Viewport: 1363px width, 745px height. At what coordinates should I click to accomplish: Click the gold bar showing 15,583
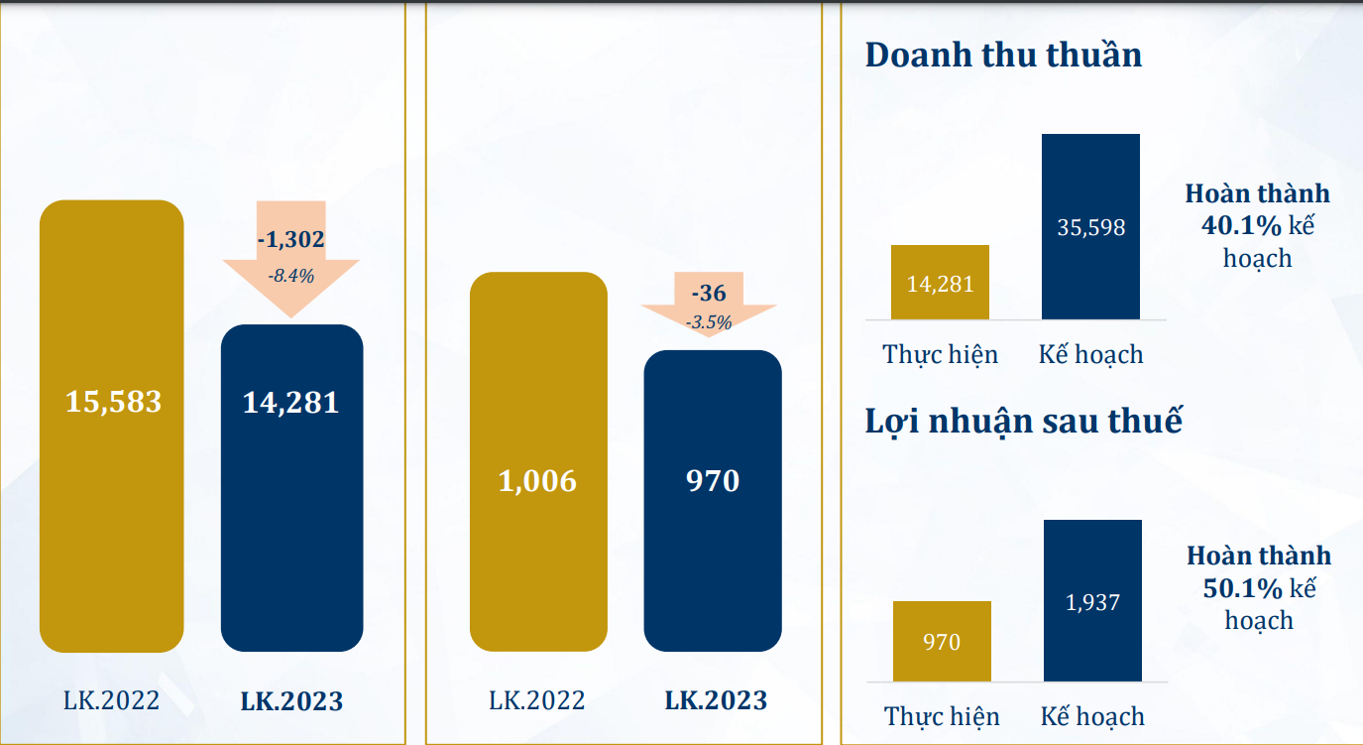click(x=112, y=427)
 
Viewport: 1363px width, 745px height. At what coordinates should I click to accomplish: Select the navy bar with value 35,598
click(x=1090, y=226)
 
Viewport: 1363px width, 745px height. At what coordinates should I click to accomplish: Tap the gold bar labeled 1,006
click(x=538, y=461)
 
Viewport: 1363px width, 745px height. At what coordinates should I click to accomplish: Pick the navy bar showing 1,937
click(x=1092, y=600)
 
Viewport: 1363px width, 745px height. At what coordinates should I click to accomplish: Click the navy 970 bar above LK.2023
click(x=713, y=501)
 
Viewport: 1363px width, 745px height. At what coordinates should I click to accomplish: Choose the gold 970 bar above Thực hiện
click(x=942, y=641)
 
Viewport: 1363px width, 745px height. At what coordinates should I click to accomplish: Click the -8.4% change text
click(x=290, y=276)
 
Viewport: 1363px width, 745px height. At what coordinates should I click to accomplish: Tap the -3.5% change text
click(x=709, y=321)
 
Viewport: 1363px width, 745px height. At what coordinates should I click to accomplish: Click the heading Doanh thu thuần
click(x=1003, y=55)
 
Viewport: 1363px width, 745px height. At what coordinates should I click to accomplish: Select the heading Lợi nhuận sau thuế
click(x=1024, y=421)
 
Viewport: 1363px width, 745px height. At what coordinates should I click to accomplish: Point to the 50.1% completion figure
click(x=1243, y=587)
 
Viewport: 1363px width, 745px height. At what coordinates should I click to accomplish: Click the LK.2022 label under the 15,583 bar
click(x=111, y=700)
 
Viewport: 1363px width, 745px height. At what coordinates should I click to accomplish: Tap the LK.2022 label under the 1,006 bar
click(x=537, y=700)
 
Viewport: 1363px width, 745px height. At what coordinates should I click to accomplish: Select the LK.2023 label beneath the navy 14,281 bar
click(x=291, y=701)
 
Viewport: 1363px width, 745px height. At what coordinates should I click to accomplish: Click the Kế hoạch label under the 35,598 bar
click(x=1090, y=354)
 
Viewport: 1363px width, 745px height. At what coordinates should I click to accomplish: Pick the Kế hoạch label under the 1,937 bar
click(x=1092, y=716)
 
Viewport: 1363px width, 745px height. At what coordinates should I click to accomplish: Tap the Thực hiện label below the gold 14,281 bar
click(x=940, y=354)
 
